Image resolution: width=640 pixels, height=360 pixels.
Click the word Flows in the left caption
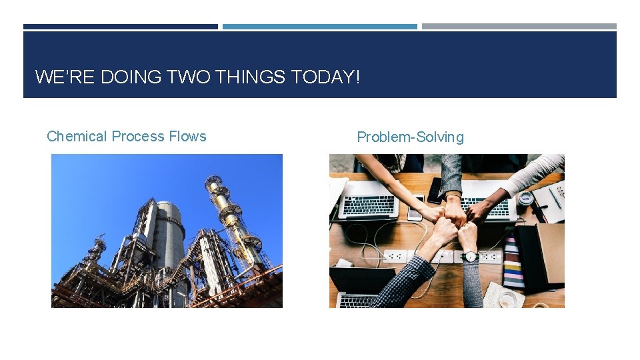coord(187,137)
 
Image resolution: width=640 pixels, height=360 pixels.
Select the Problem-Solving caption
coord(410,137)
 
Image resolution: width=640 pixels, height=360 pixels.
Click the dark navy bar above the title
coord(120,27)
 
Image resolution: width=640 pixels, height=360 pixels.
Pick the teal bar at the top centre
coord(320,27)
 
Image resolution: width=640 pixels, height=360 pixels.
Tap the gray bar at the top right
coord(519,27)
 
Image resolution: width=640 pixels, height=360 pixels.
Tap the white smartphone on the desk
coord(415,208)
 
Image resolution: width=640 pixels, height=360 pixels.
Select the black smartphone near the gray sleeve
coord(435,189)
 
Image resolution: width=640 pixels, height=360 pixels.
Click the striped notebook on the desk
coord(512,260)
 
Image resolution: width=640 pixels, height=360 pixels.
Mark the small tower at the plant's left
coord(97,253)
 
